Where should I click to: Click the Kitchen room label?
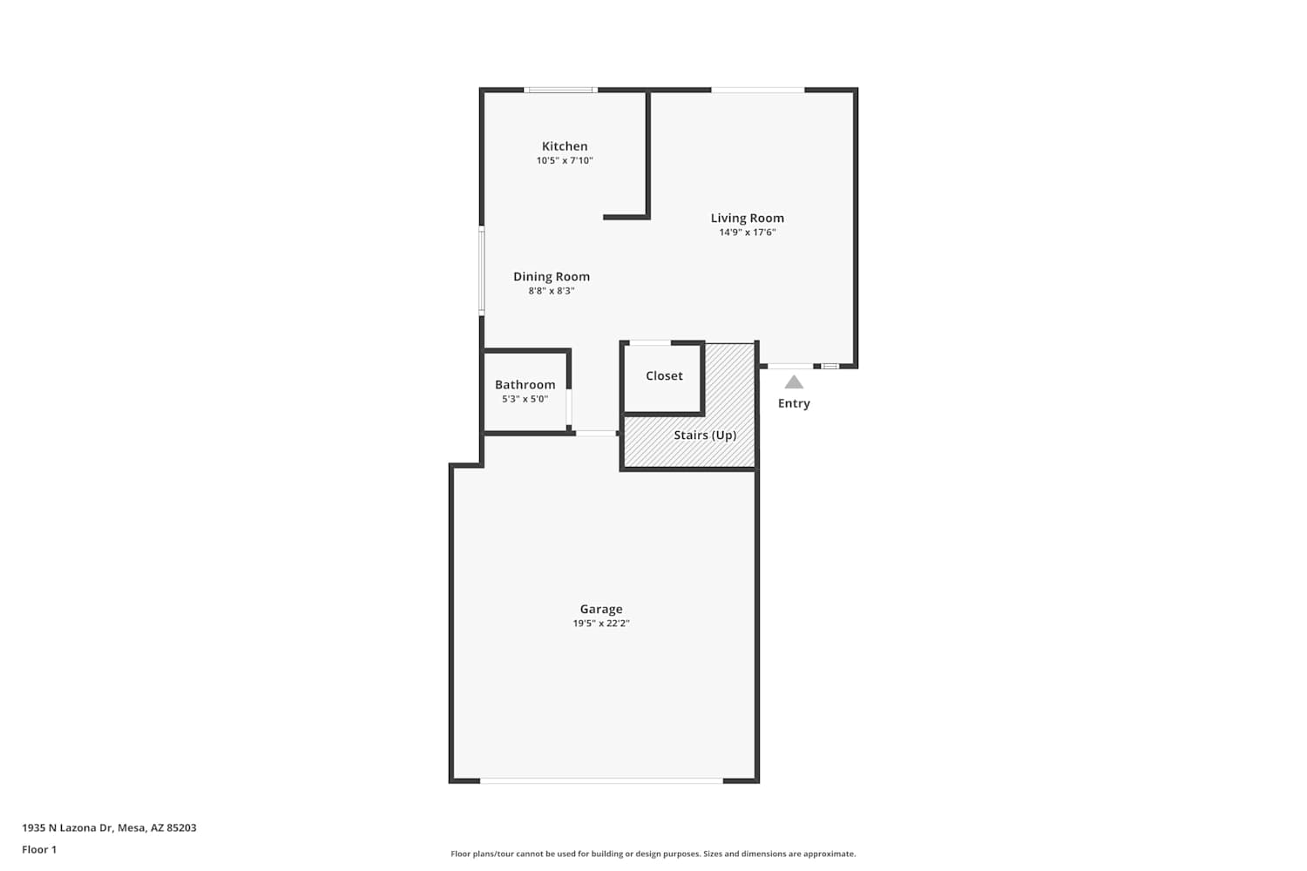click(x=565, y=145)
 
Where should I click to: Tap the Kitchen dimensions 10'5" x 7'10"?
click(x=565, y=160)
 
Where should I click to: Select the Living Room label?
click(x=747, y=219)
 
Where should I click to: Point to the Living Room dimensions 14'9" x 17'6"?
click(x=747, y=233)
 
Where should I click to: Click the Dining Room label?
click(x=552, y=276)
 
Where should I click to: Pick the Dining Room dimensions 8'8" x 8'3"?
click(x=552, y=291)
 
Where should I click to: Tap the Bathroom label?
click(x=525, y=384)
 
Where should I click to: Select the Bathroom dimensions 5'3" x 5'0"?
click(x=525, y=399)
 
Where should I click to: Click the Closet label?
click(x=664, y=375)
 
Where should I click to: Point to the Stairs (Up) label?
click(x=705, y=435)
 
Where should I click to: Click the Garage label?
click(x=601, y=609)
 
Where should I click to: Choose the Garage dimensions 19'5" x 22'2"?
click(x=601, y=623)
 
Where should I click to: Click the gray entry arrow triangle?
click(x=794, y=382)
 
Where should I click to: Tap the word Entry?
click(x=794, y=403)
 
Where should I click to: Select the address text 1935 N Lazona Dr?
click(x=67, y=827)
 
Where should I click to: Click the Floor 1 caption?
click(x=39, y=849)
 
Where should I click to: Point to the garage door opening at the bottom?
click(x=601, y=780)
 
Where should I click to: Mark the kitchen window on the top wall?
click(x=560, y=90)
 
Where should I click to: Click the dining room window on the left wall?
click(x=481, y=271)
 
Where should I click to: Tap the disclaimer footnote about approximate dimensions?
click(x=653, y=854)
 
